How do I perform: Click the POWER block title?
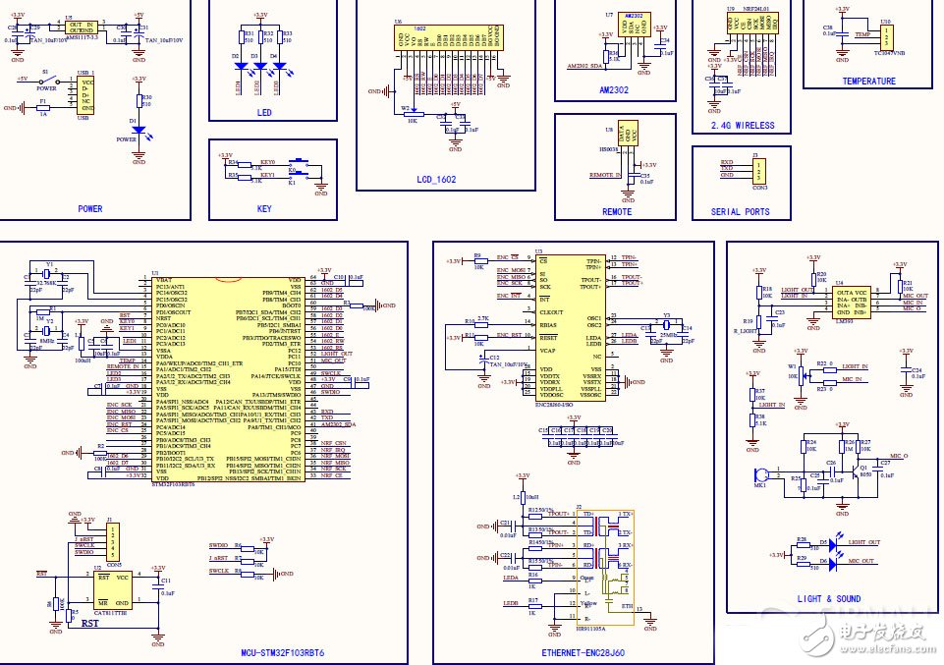pos(89,208)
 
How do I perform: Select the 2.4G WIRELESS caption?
pos(742,126)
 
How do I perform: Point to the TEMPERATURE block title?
pos(868,82)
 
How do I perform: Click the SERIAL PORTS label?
pos(741,211)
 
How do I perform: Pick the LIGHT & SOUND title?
pos(829,598)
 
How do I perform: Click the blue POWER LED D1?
pos(139,130)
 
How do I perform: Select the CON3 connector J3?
pos(758,171)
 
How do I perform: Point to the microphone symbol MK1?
pos(760,476)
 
